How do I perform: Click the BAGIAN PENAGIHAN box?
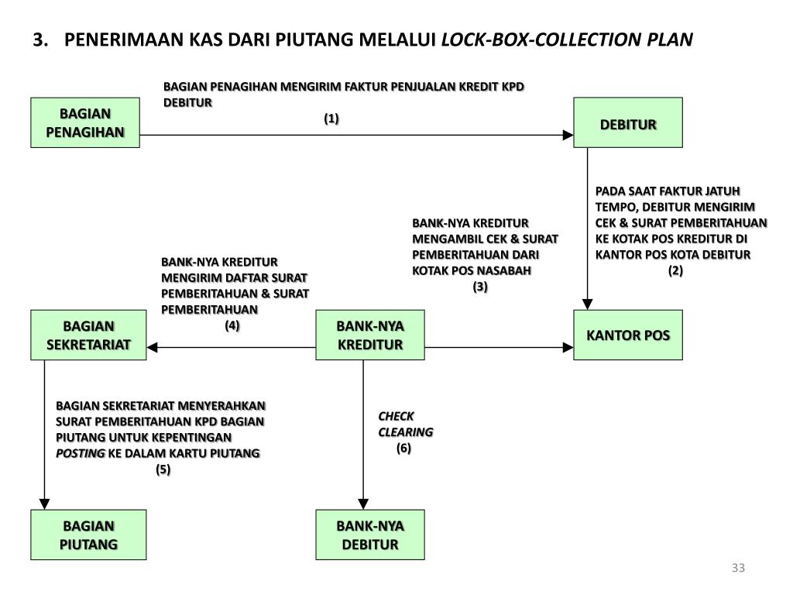[x=85, y=122]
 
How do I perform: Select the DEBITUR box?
[x=628, y=122]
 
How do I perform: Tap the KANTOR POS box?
[x=628, y=335]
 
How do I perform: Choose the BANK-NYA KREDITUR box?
[x=370, y=335]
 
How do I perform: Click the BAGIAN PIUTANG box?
[x=88, y=535]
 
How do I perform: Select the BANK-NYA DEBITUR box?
[x=370, y=535]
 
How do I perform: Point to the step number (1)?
[x=331, y=119]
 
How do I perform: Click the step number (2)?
[x=676, y=270]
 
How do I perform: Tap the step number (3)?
[x=480, y=287]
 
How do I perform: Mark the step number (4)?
[x=232, y=325]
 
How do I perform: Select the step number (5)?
[x=163, y=469]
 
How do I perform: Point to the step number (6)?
[x=403, y=448]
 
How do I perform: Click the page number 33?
[x=737, y=569]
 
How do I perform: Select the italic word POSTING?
[x=80, y=453]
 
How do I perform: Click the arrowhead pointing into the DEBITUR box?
[x=568, y=136]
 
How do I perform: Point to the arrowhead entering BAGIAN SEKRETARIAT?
[x=153, y=349]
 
